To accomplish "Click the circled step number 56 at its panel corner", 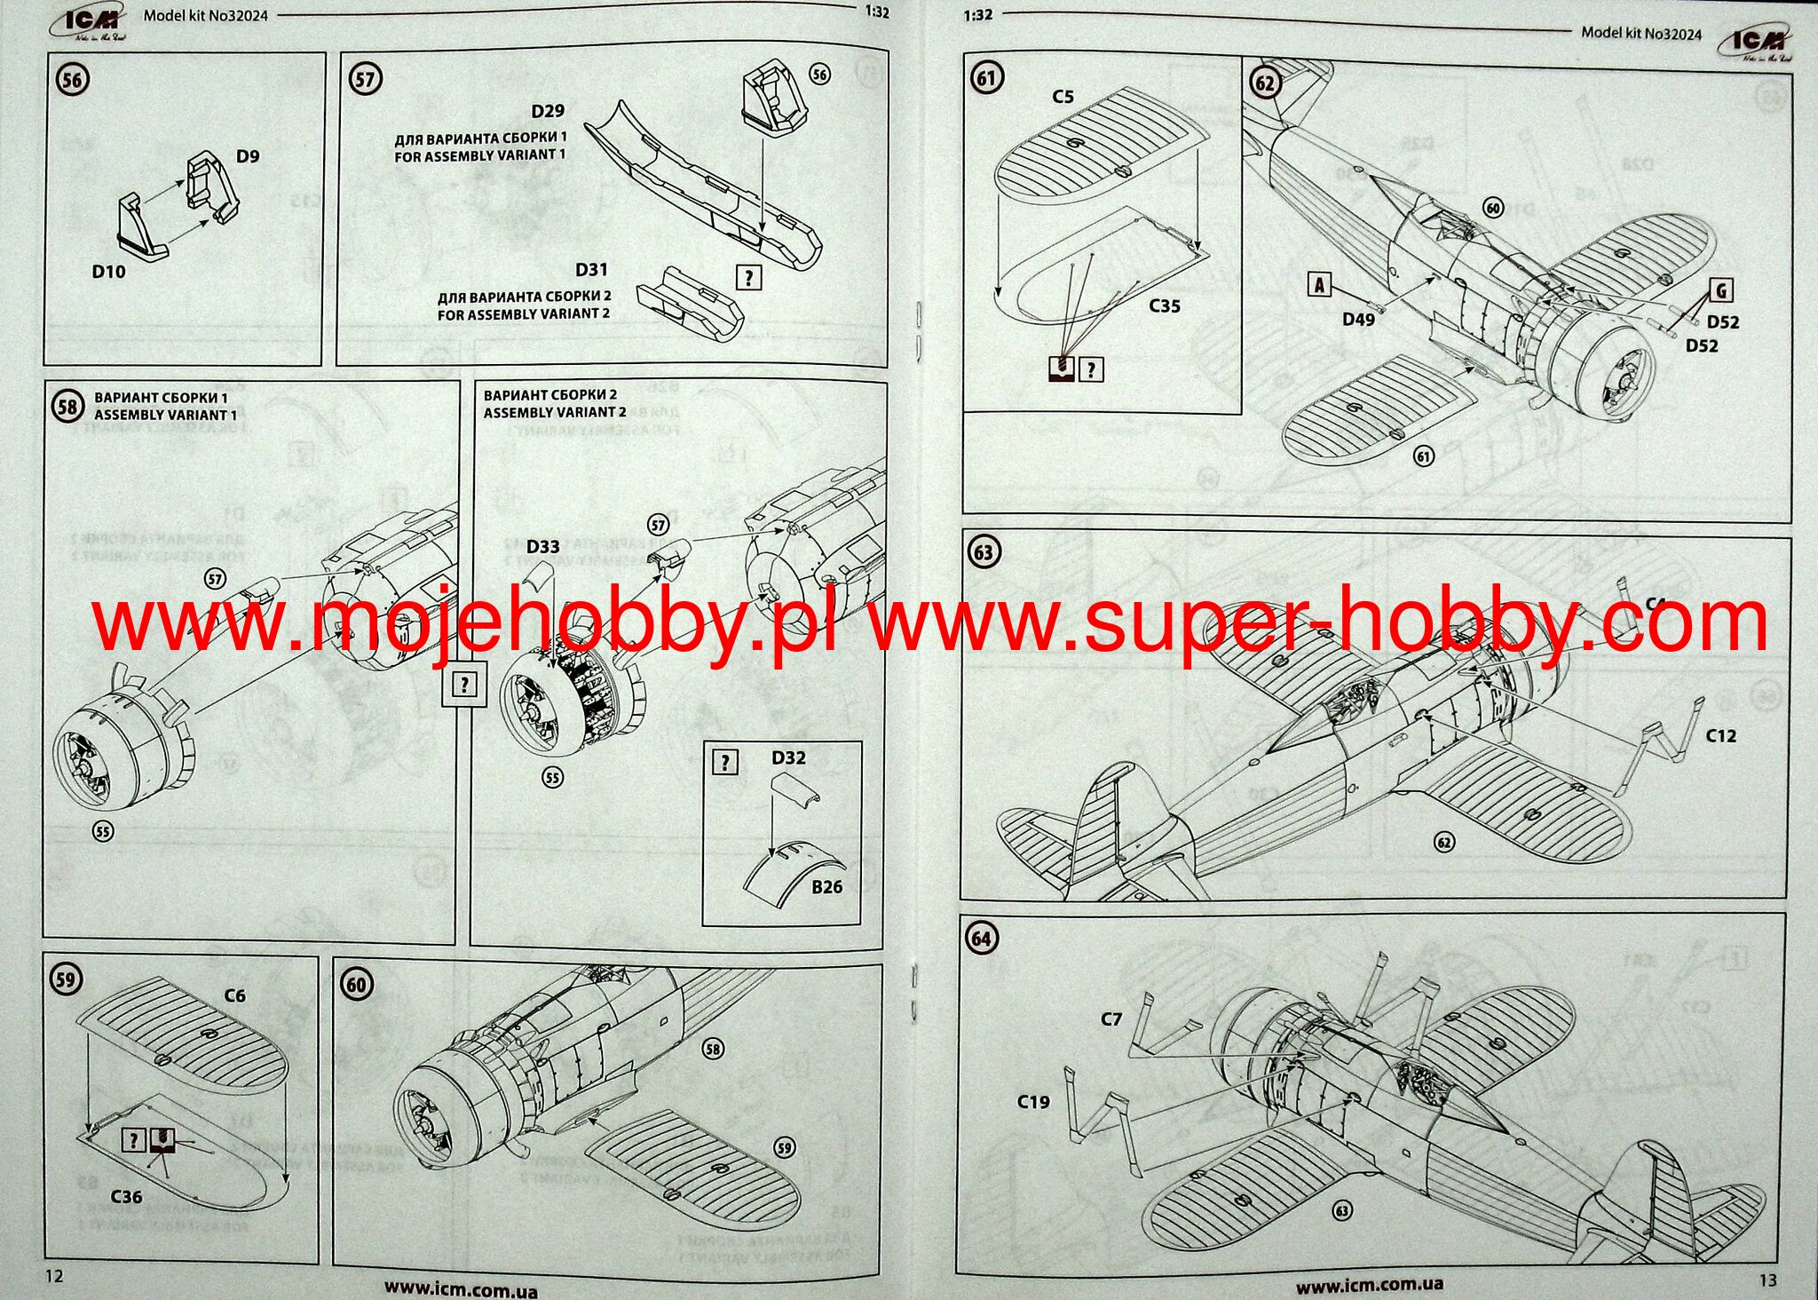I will [x=72, y=81].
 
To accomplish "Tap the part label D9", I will [x=248, y=156].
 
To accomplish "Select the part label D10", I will [x=108, y=272].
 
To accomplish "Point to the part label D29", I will [x=548, y=111].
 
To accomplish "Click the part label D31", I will [x=591, y=270].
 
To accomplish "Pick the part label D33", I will [x=542, y=547].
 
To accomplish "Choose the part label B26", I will [x=826, y=886].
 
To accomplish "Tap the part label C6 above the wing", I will [x=234, y=995].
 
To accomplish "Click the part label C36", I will [x=126, y=1197].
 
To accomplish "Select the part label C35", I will [x=1165, y=306].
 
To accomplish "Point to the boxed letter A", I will [x=1320, y=285].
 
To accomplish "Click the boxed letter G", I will [x=1721, y=290].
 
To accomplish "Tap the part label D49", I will [x=1358, y=320].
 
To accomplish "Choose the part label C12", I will [x=1720, y=735].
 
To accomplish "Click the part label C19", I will [x=1033, y=1102].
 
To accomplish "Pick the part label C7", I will [x=1111, y=1019].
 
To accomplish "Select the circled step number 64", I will [x=982, y=939].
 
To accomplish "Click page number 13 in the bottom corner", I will [x=1767, y=1280].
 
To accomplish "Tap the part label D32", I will [x=788, y=757].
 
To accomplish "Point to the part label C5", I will [x=1063, y=97].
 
